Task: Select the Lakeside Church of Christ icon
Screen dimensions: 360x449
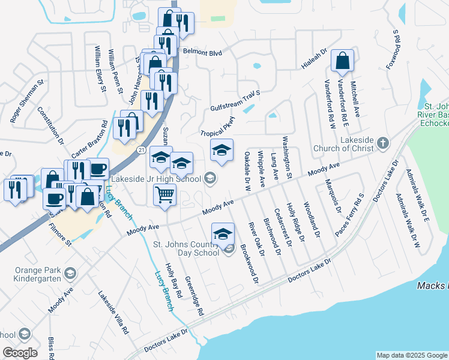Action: point(383,143)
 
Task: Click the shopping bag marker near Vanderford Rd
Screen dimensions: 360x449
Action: point(342,61)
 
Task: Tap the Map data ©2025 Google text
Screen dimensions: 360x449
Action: point(411,355)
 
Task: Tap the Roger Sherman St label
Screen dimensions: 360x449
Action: point(27,101)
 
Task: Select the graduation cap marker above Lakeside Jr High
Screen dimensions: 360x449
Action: point(221,151)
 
